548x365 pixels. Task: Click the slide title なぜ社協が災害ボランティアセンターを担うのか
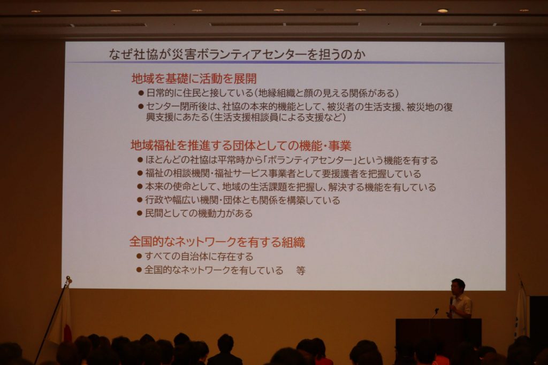[237, 54]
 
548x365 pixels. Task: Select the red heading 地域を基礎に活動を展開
[194, 79]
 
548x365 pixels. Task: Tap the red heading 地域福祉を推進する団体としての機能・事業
[241, 145]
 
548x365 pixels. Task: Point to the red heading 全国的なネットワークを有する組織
[217, 242]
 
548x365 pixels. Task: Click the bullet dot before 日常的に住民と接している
[141, 93]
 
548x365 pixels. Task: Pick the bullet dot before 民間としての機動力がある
[140, 213]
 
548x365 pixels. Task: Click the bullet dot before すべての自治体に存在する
[139, 256]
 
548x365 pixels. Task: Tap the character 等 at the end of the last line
[301, 270]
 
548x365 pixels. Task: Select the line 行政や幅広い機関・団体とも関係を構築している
[242, 200]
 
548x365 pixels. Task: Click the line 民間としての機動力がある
[199, 213]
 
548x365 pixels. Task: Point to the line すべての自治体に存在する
[199, 257]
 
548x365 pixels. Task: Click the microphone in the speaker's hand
[451, 300]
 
